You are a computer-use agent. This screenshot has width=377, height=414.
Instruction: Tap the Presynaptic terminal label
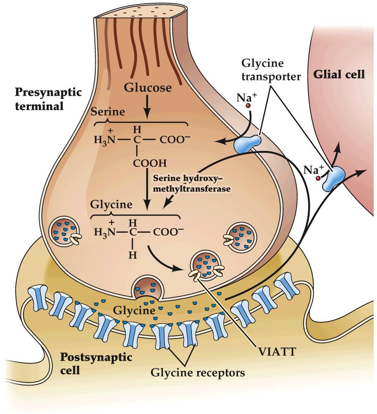(x=39, y=98)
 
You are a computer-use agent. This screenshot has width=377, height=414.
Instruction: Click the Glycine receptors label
(x=198, y=372)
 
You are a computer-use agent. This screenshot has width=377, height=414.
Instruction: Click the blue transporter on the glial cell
(x=335, y=178)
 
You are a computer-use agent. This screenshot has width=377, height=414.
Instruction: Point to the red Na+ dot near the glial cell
(x=318, y=178)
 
